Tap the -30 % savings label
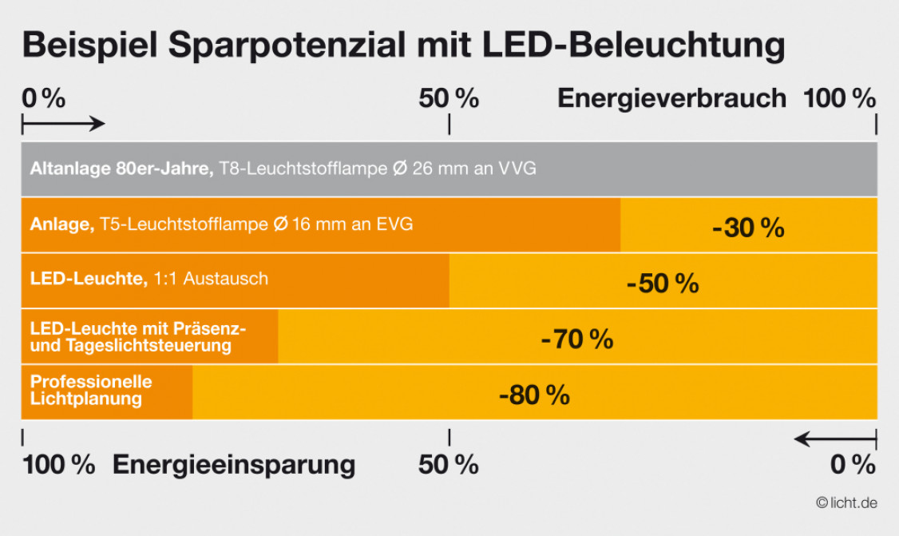tap(748, 228)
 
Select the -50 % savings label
tap(663, 284)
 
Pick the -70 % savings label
tap(576, 339)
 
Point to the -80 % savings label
tap(534, 395)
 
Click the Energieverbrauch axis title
tap(671, 98)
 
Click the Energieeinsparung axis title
tap(234, 464)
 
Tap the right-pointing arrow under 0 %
tap(63, 124)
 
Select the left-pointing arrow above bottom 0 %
tap(835, 439)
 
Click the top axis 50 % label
tap(449, 98)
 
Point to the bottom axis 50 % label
tap(449, 464)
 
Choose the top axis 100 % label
tap(839, 98)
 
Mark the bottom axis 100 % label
tap(58, 464)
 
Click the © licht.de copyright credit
tap(846, 502)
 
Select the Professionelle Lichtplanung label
tap(91, 390)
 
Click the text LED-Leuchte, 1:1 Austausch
tap(149, 279)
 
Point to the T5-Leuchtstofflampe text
tap(184, 224)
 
